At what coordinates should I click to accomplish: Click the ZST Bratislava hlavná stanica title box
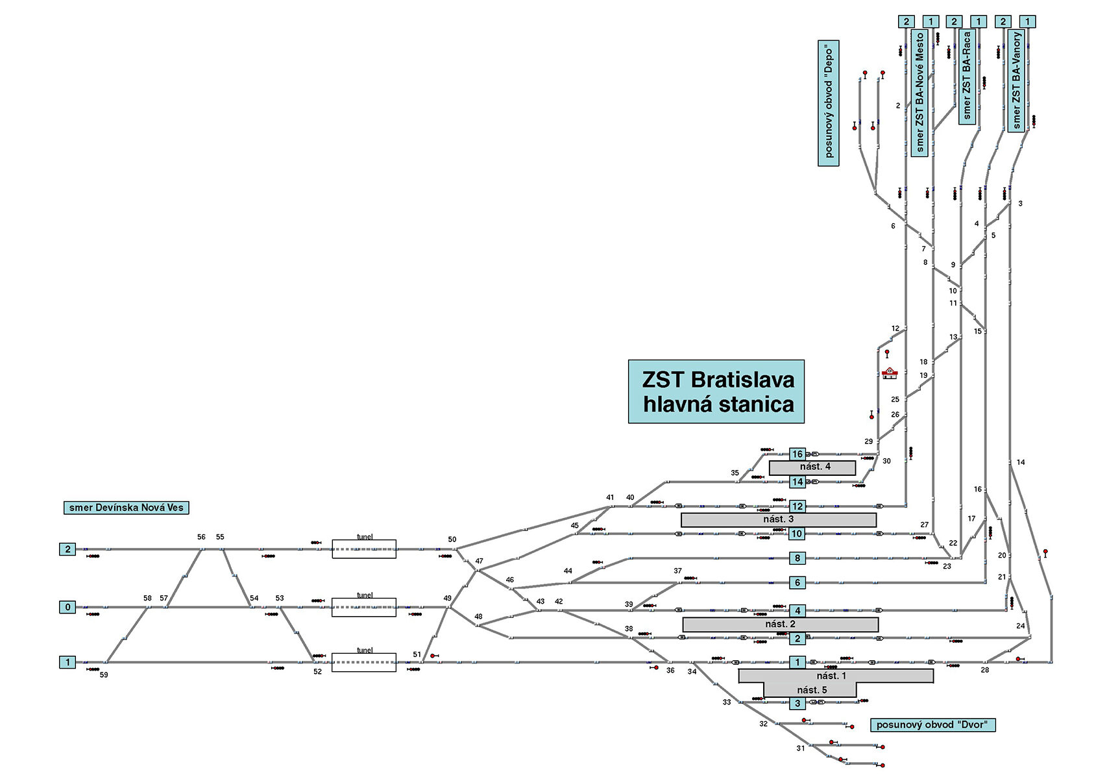[716, 391]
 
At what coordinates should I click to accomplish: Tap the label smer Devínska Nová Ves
[126, 508]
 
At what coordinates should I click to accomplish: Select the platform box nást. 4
[812, 467]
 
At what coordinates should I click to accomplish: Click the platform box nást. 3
[778, 519]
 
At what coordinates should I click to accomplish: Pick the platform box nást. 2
[780, 624]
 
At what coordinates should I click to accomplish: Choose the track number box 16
[797, 454]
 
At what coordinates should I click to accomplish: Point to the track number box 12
[797, 506]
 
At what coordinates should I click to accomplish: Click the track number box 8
[797, 558]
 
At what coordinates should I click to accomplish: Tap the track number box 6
[797, 583]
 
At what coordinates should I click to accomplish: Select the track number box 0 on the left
[67, 607]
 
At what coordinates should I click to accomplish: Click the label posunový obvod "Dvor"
[932, 725]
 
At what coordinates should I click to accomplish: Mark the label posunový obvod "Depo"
[828, 103]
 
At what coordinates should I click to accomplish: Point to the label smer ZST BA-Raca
[967, 76]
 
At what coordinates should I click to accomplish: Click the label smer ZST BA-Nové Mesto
[919, 92]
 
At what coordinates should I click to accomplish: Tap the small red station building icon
[889, 373]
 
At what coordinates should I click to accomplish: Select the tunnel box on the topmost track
[364, 549]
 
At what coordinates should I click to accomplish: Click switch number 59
[104, 675]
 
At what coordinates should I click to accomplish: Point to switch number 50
[452, 539]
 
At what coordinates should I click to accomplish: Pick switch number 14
[1021, 462]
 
